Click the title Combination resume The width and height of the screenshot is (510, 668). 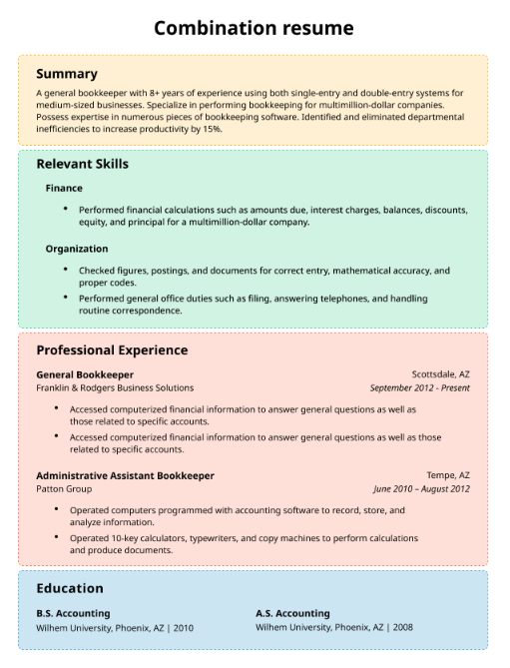(x=254, y=27)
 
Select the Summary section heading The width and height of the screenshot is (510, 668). (x=67, y=74)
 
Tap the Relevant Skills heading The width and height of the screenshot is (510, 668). (x=82, y=164)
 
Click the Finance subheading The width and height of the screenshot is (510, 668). (x=64, y=188)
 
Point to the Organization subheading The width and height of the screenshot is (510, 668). (x=77, y=249)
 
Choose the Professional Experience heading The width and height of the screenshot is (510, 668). (x=112, y=350)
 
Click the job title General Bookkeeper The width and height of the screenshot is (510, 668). (x=85, y=374)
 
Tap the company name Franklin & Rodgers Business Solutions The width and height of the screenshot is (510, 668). (x=115, y=388)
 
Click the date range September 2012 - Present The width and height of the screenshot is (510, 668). (x=419, y=388)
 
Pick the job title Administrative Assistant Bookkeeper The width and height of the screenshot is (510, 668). (x=125, y=475)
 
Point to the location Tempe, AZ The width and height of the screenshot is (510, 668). (x=448, y=475)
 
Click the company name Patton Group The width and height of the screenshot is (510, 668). (x=64, y=489)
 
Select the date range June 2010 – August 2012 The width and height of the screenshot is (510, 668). (x=421, y=489)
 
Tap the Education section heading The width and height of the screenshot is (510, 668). (x=70, y=589)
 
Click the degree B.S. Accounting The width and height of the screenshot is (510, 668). (x=73, y=613)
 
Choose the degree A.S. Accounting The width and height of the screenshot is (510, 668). (x=292, y=613)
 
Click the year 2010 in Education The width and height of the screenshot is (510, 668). (x=183, y=628)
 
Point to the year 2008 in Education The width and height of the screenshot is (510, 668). (x=402, y=628)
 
